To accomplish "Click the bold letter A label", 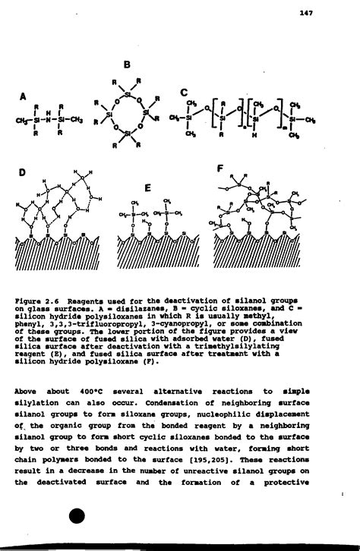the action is click(24, 96).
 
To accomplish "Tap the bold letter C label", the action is click(184, 93).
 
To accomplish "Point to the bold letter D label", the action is click(23, 175).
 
